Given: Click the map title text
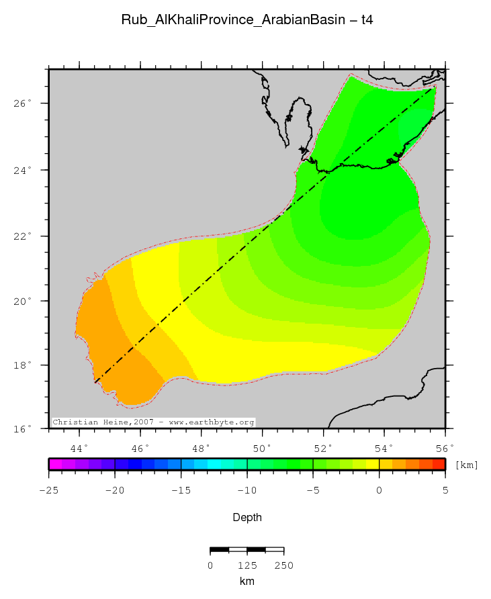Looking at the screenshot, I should pyautogui.click(x=247, y=20).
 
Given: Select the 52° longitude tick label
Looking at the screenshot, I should pyautogui.click(x=323, y=447).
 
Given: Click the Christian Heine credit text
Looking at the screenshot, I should pyautogui.click(x=154, y=422).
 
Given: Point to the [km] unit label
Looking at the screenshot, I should pyautogui.click(x=466, y=465).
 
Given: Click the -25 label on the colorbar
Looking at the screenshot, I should pyautogui.click(x=48, y=490).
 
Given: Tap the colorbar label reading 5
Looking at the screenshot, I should pyautogui.click(x=445, y=490).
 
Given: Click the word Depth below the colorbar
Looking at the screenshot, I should pyautogui.click(x=247, y=518).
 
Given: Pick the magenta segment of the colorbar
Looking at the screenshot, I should pyautogui.click(x=55, y=464).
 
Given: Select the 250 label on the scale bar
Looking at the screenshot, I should pyautogui.click(x=283, y=565).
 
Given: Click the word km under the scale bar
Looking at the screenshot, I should pyautogui.click(x=247, y=581).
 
